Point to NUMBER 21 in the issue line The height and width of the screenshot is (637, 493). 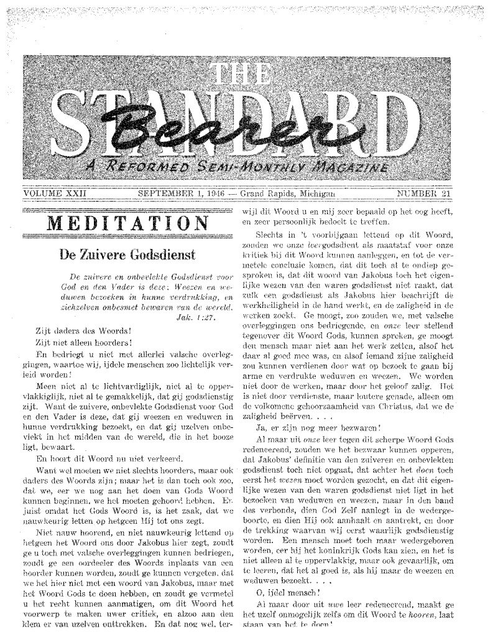coord(423,193)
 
